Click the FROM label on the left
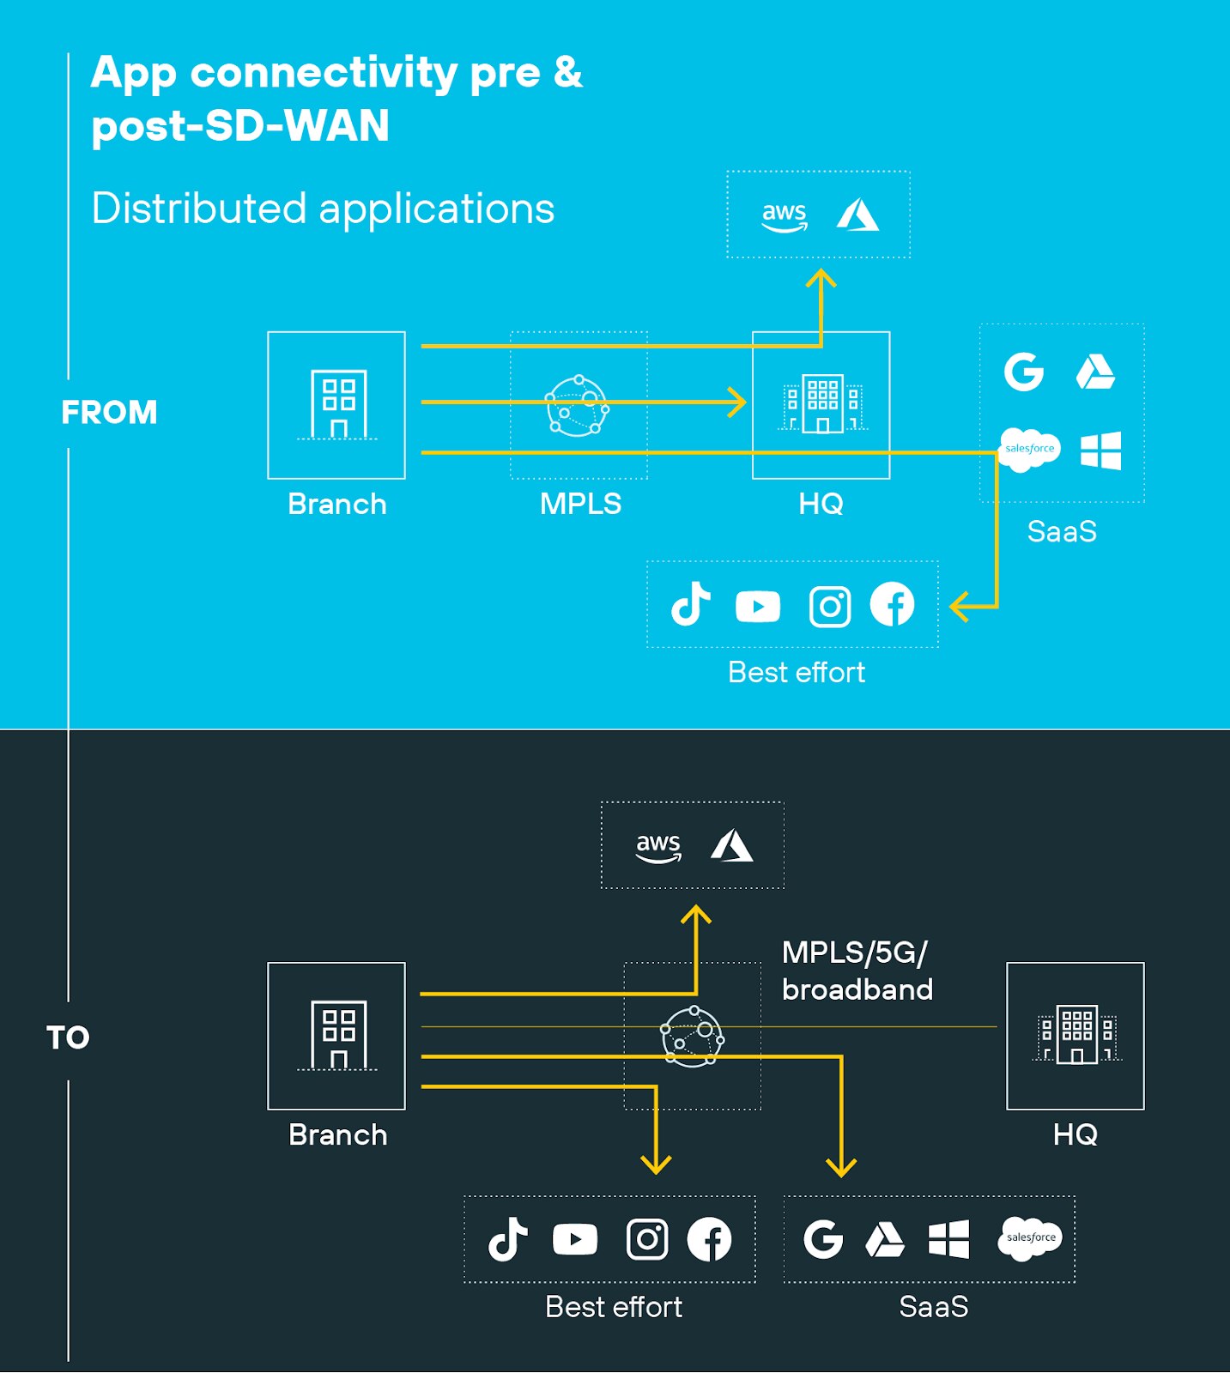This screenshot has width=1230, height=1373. click(x=109, y=412)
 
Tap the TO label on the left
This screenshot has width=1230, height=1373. click(x=68, y=1037)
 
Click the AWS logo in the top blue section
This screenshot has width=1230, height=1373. click(x=784, y=216)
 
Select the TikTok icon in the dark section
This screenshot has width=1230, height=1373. click(x=507, y=1239)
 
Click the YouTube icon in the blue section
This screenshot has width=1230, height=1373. click(x=757, y=607)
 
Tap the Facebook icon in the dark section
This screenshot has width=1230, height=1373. click(x=709, y=1239)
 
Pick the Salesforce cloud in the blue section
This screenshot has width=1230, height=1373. click(x=1029, y=449)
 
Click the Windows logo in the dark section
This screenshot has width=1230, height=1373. click(x=948, y=1239)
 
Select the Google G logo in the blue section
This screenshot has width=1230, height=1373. click(x=1023, y=372)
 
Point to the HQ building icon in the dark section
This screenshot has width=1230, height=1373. click(x=1075, y=1034)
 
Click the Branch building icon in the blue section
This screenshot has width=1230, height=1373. click(x=337, y=403)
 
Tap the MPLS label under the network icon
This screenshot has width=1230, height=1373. click(x=580, y=504)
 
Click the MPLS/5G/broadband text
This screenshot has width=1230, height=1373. click(x=856, y=971)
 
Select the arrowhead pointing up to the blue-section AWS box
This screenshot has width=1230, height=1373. click(x=821, y=279)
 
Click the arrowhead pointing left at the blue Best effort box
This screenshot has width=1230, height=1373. click(x=960, y=607)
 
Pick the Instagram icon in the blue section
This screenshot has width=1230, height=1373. click(x=829, y=607)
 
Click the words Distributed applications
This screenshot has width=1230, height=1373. click(x=323, y=209)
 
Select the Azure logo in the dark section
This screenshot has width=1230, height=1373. click(x=732, y=845)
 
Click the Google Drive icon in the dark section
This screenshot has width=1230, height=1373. click(x=885, y=1239)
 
